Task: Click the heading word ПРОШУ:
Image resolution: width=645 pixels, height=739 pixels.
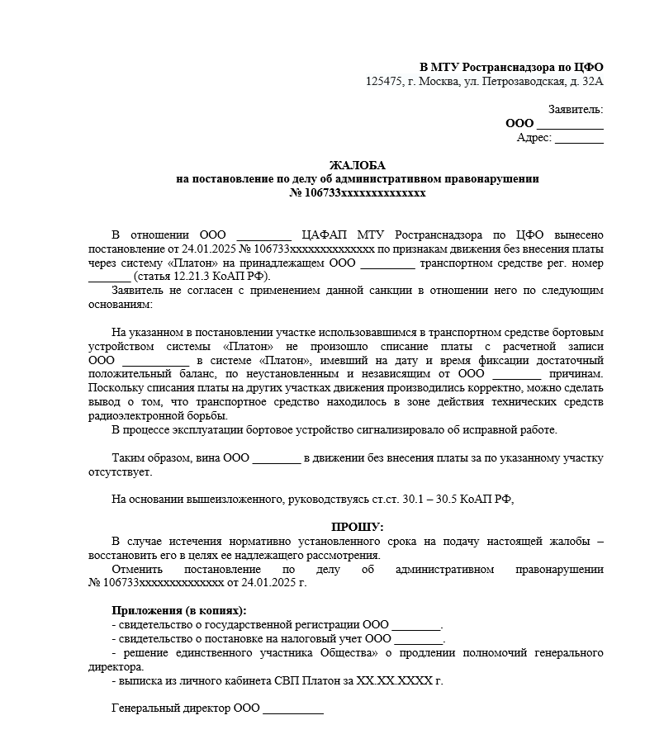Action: click(358, 526)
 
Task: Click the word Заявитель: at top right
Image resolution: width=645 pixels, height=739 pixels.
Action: click(576, 109)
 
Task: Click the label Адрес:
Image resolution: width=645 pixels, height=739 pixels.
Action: click(534, 137)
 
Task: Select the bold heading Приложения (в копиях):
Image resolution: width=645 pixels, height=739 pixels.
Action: click(178, 610)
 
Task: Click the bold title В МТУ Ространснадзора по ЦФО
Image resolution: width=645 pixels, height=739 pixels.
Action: click(512, 67)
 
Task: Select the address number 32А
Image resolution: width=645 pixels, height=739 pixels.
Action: click(591, 81)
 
